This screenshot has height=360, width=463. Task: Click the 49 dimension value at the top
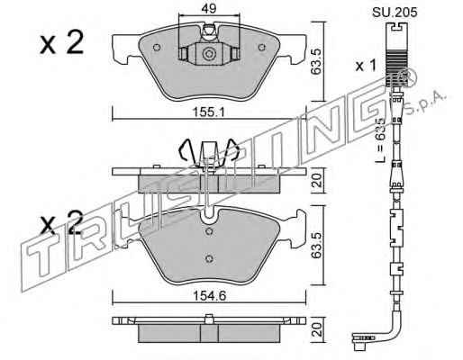click(209, 9)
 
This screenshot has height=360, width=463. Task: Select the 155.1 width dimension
click(209, 112)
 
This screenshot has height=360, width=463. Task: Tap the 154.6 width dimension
click(209, 296)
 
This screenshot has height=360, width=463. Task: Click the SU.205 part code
click(395, 13)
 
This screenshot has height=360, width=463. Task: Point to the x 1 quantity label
click(366, 65)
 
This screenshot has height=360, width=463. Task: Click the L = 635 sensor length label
click(380, 139)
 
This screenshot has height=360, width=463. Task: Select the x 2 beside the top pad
click(61, 43)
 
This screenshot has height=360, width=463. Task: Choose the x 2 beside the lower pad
click(61, 222)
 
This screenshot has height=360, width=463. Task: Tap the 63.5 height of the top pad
click(317, 61)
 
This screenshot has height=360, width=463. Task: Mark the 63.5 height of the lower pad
click(317, 245)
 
